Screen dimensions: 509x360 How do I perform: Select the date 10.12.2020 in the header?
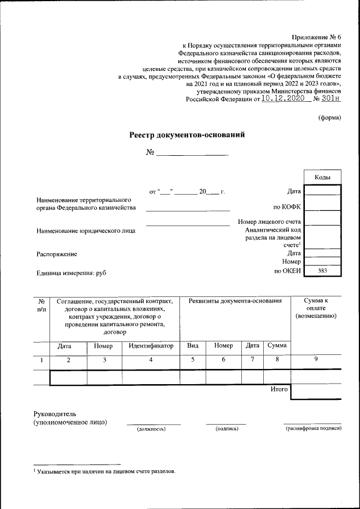click(x=286, y=98)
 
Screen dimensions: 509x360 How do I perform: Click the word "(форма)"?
click(x=330, y=118)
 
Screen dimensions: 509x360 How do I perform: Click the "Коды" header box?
click(x=322, y=177)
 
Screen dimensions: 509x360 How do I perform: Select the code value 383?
click(x=322, y=271)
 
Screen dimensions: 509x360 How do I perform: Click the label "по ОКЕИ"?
click(x=287, y=271)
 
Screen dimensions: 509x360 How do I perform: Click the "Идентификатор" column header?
click(x=151, y=346)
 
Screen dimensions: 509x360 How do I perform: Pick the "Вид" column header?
click(x=192, y=346)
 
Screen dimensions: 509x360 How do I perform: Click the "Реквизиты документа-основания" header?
click(x=235, y=301)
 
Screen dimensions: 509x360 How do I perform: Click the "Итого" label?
click(x=279, y=389)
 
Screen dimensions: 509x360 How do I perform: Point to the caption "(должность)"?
click(x=152, y=429)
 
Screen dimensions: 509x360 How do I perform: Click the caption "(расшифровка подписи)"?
click(x=313, y=429)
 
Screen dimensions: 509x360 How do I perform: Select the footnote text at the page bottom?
click(x=105, y=471)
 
